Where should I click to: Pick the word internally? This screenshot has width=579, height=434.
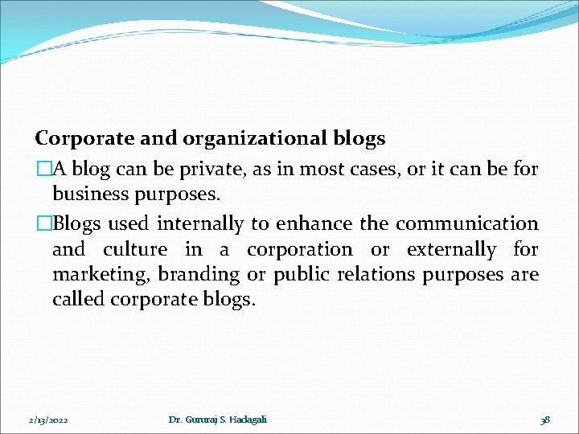point(200,223)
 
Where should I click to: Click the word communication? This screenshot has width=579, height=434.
point(467,223)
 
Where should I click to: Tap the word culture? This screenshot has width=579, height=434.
point(135,249)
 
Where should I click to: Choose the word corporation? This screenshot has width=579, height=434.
point(300,249)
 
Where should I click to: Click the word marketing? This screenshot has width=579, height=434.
point(100,275)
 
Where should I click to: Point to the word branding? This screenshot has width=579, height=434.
point(199,275)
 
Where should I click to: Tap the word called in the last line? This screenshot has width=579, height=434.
point(78,300)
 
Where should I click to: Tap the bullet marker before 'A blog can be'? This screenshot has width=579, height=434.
point(43,168)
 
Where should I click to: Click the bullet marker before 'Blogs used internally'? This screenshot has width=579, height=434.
point(43,223)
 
